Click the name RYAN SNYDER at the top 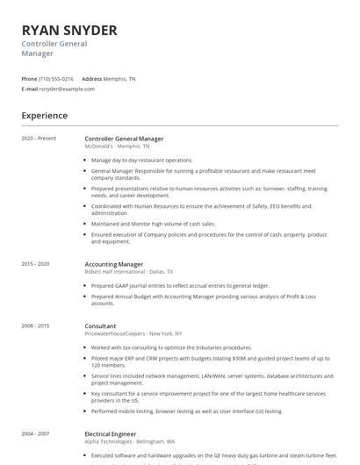point(69,30)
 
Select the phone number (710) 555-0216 point(56,78)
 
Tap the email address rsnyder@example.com point(67,89)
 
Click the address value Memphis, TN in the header point(119,78)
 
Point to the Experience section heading point(45,115)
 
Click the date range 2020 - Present point(39,139)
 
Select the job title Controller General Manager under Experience point(124,139)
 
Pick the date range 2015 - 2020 point(36,263)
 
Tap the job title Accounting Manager point(113,263)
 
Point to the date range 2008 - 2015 point(36,325)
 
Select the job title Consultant point(102,325)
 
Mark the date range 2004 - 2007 point(36,433)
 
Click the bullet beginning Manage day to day point(141,161)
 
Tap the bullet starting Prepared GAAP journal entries point(179,285)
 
